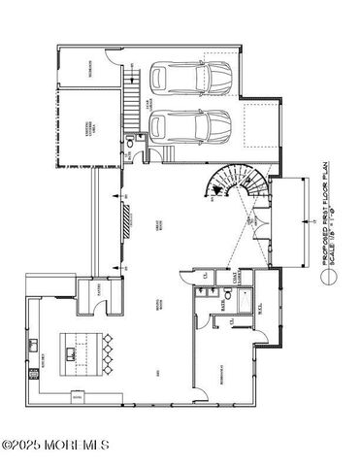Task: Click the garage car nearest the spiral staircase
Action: (191, 126)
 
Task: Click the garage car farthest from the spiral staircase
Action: (191, 77)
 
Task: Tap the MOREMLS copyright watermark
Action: (55, 446)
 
